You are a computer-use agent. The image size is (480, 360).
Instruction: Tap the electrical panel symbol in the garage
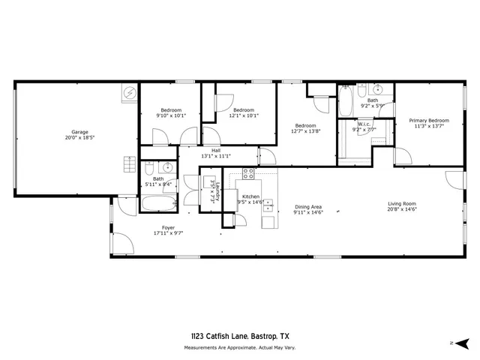130,93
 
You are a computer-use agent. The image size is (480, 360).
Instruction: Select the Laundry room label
213,192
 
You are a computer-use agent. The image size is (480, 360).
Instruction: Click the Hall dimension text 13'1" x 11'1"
215,156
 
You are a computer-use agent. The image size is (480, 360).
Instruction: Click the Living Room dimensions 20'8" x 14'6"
401,208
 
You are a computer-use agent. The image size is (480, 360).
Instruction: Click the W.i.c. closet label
364,124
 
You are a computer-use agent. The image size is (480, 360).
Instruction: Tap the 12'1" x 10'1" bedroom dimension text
244,115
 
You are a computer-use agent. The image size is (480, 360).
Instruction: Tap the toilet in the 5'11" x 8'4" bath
151,168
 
